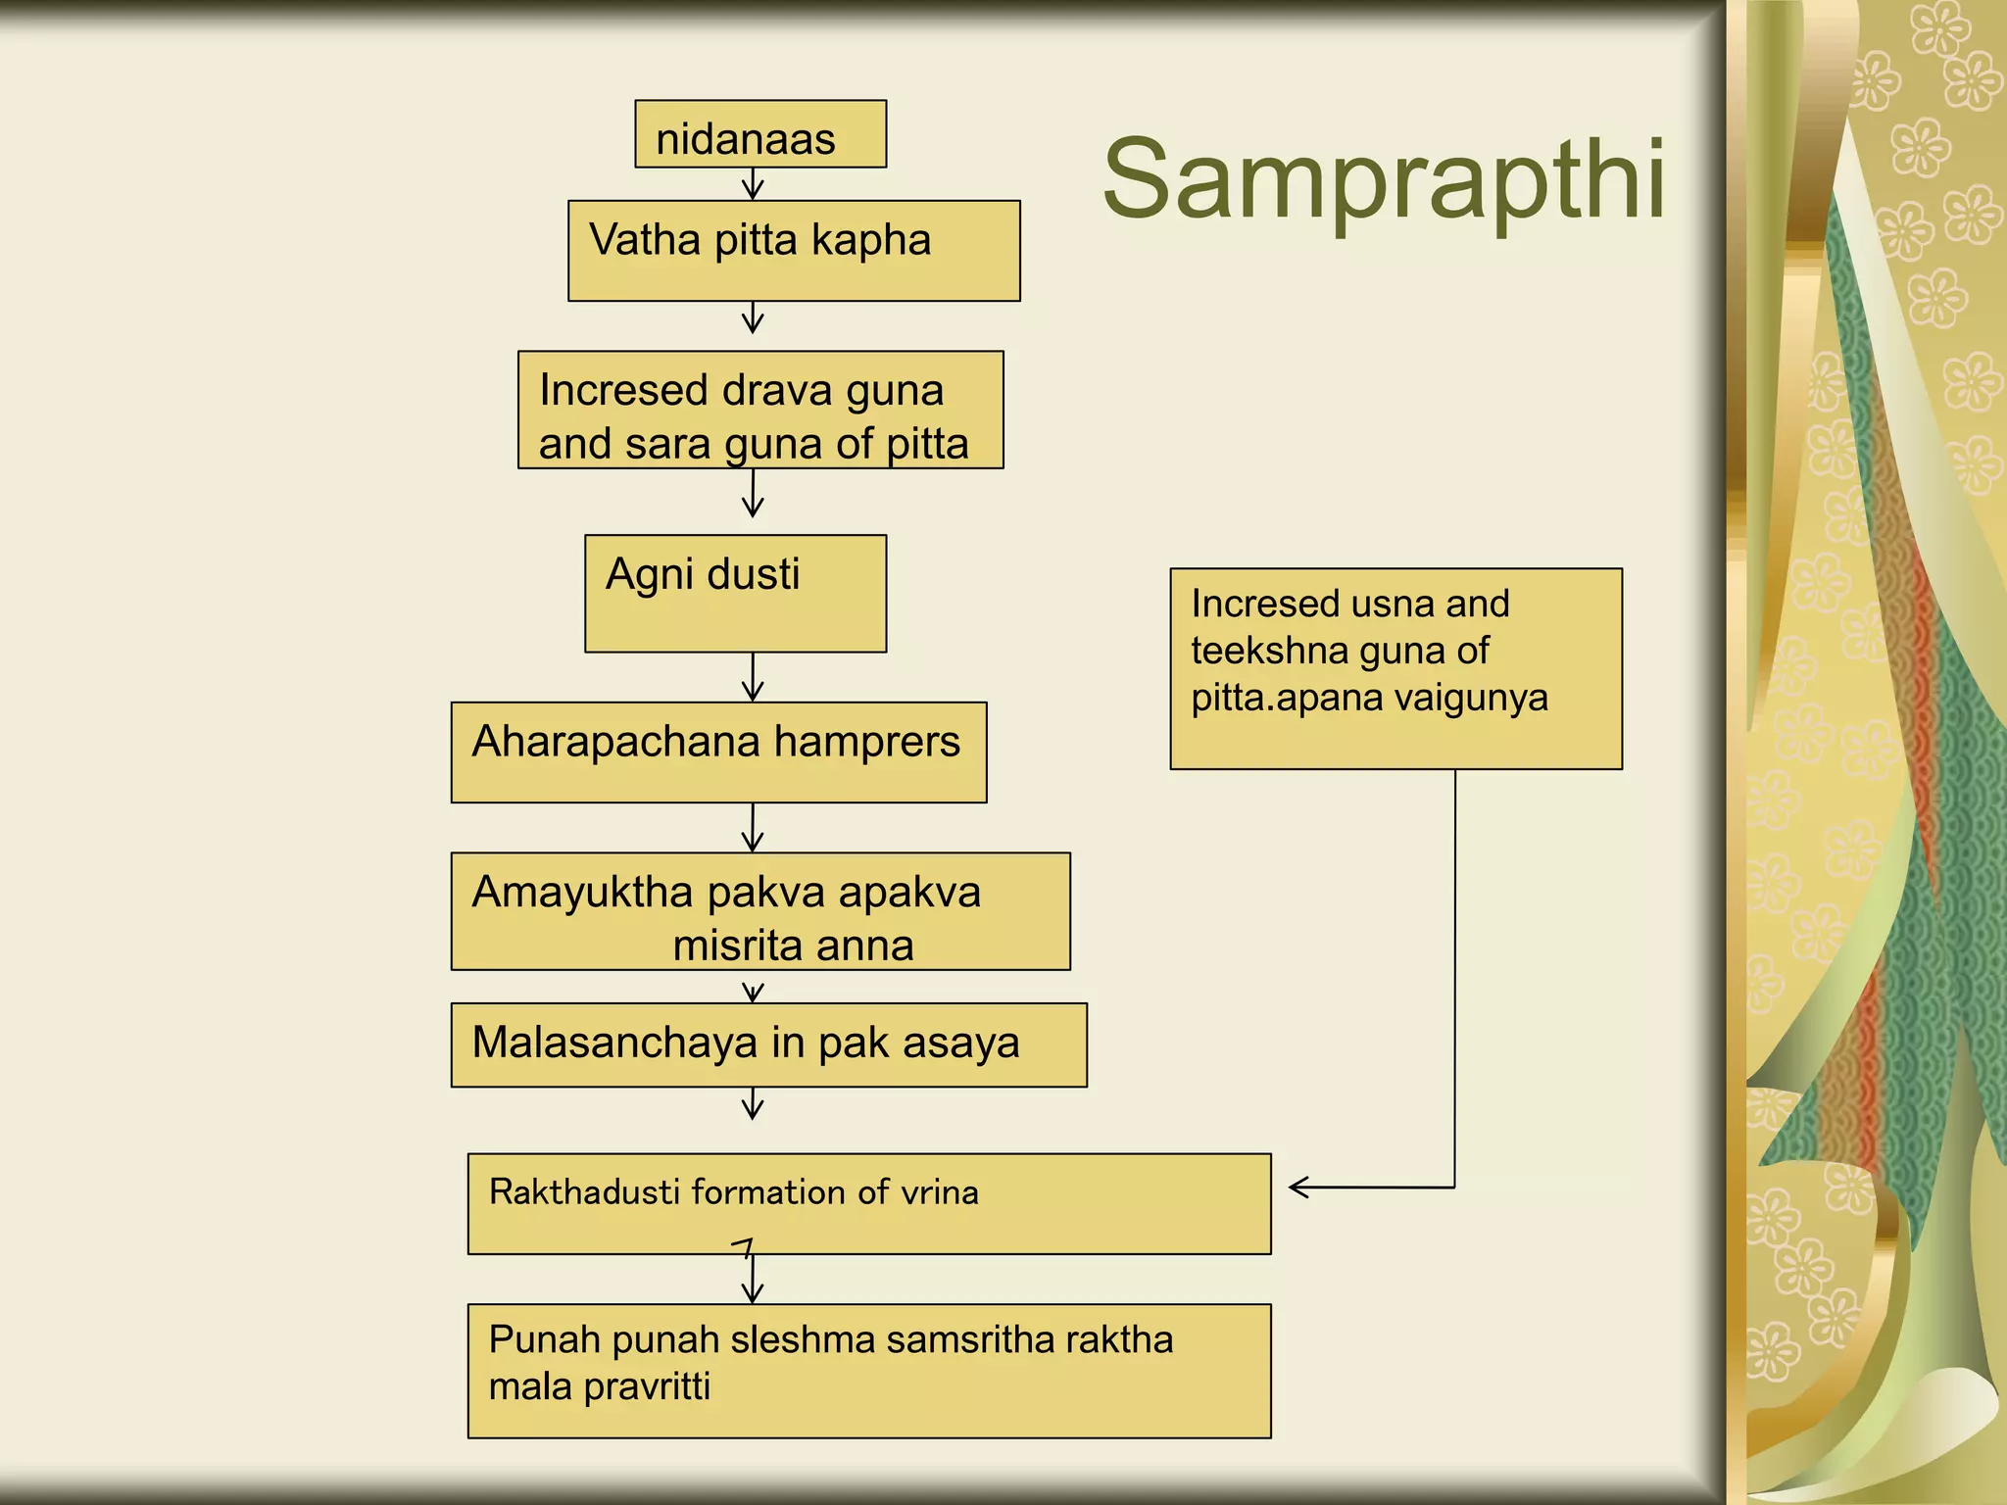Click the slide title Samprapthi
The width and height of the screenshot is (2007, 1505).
pyautogui.click(x=1384, y=180)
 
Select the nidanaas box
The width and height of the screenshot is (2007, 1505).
pyautogui.click(x=760, y=134)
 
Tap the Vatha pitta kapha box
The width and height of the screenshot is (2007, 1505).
pyautogui.click(x=794, y=251)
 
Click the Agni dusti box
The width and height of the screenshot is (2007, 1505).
pyautogui.click(x=735, y=594)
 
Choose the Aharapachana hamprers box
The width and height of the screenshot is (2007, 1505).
pyautogui.click(x=718, y=752)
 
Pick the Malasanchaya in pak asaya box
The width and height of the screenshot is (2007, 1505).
pyautogui.click(x=768, y=1044)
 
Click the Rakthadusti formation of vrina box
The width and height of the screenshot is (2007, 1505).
pyautogui.click(x=868, y=1203)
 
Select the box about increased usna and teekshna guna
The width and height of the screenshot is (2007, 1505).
pyautogui.click(x=1395, y=668)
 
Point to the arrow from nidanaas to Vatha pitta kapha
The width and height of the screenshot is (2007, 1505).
pyautogui.click(x=753, y=184)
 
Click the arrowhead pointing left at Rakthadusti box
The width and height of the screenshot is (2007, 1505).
pyautogui.click(x=1299, y=1188)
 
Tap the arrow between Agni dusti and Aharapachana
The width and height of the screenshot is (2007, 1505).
pyautogui.click(x=753, y=678)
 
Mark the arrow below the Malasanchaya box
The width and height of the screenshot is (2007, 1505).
pyautogui.click(x=753, y=1103)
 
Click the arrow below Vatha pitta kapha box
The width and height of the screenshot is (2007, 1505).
pyautogui.click(x=753, y=317)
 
